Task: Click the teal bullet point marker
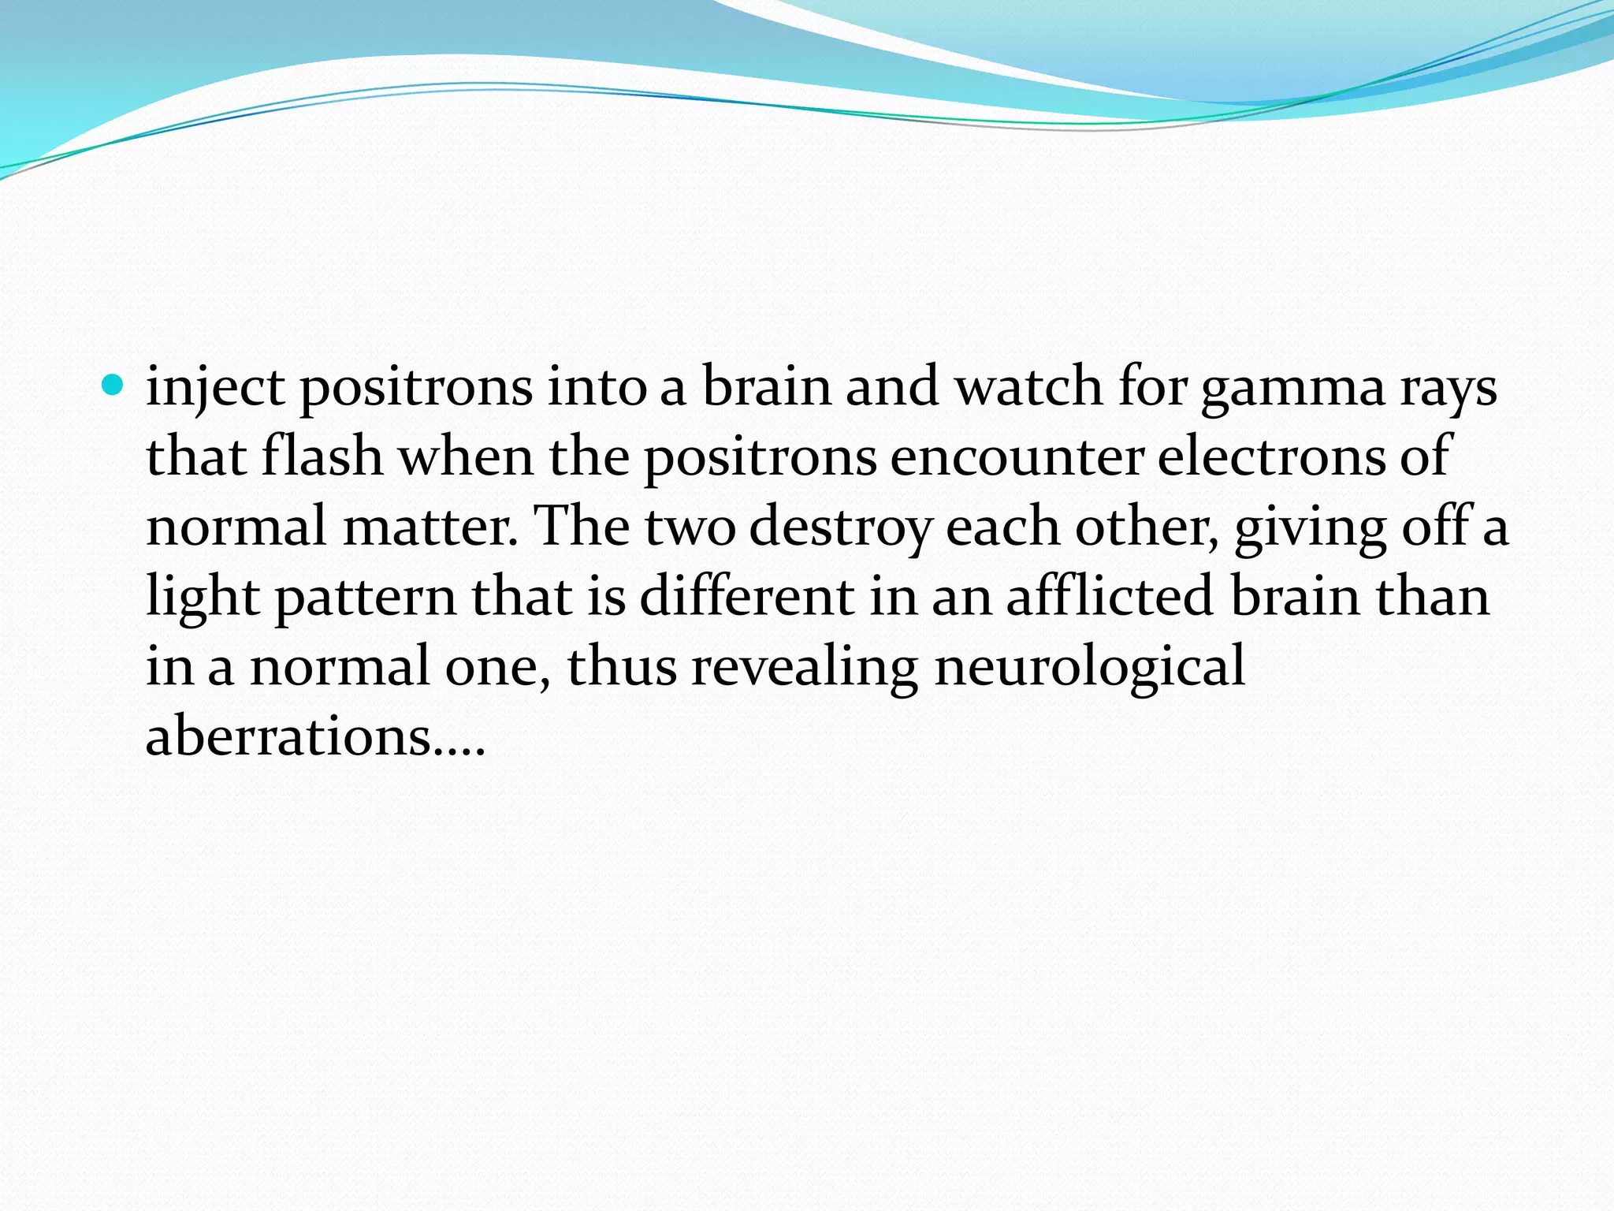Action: pyautogui.click(x=113, y=386)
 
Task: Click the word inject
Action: pyautogui.click(x=215, y=388)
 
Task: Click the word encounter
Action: pyautogui.click(x=1017, y=458)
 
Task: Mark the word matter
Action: pyautogui.click(x=430, y=527)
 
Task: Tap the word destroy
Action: pyautogui.click(x=840, y=528)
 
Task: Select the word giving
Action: pyautogui.click(x=1309, y=528)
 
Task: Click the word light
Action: pyautogui.click(x=203, y=597)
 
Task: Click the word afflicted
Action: pyautogui.click(x=1110, y=596)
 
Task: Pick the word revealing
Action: pyautogui.click(x=805, y=667)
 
